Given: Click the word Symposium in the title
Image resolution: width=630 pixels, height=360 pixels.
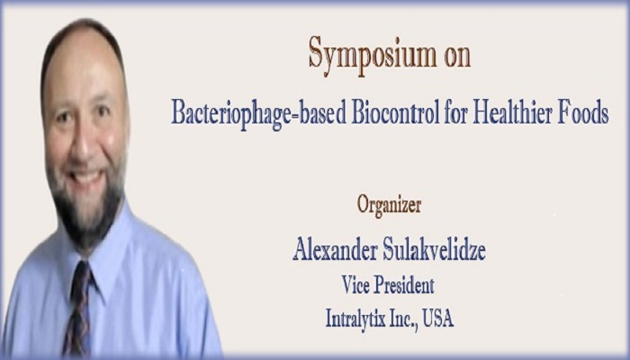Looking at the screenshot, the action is coord(373,56).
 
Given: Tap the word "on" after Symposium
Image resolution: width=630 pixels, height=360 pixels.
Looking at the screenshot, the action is coord(457,58).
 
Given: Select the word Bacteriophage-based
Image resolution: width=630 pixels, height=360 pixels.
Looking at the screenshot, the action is coord(259,114).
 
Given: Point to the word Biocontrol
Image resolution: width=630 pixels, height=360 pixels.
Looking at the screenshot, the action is coord(396,112).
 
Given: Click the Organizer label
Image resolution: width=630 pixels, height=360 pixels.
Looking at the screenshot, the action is coord(389,205).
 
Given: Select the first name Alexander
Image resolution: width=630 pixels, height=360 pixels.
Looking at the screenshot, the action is coord(335,248).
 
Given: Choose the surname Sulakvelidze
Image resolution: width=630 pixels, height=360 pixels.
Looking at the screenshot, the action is coord(435,248).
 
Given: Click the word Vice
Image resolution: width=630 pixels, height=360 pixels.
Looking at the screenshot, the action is coord(355,285).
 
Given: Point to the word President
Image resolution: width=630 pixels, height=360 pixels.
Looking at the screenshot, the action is coord(404,285).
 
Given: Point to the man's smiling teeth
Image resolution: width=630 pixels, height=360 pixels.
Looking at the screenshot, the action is coord(85,176).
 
